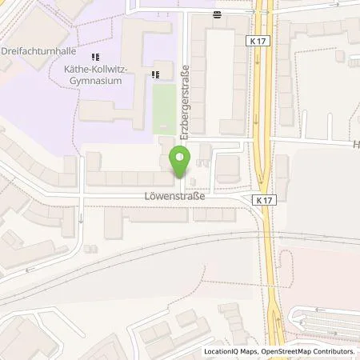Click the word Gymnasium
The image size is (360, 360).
(95, 82)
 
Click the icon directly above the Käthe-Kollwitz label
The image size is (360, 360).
(95, 57)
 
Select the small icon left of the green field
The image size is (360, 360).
(155, 74)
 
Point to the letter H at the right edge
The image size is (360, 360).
(355, 145)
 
